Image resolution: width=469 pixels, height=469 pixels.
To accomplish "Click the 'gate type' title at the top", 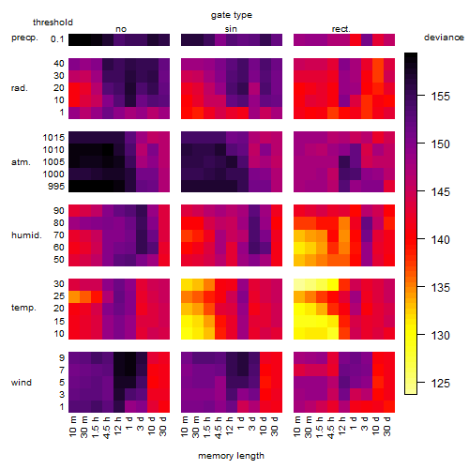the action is coord(232,15).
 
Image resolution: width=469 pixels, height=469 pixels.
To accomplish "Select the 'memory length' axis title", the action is coord(231,456).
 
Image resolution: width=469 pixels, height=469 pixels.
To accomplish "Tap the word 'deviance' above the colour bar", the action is coord(444,38).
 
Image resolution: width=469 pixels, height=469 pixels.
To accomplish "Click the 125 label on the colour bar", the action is coord(440,383).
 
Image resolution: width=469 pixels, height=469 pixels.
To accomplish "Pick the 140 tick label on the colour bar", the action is coord(440,240).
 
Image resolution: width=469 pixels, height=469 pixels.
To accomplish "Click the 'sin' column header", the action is coord(231,29).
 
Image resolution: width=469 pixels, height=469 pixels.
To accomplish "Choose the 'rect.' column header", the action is coord(340,29).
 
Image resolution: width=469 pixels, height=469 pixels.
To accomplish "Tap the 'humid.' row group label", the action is coord(26,234).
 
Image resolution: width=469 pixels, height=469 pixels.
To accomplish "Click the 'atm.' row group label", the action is coord(21,162).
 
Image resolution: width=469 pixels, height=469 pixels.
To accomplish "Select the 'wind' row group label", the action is coord(22,383).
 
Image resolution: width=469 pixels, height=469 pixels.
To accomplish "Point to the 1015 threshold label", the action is coord(53,137).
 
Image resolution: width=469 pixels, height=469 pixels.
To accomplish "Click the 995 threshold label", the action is coord(56,186).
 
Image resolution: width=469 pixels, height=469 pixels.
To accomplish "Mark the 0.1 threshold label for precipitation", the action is coord(57,39).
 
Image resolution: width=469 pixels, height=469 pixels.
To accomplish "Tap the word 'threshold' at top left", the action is coord(53,23).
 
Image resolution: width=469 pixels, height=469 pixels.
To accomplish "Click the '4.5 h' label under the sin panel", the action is coord(218,427).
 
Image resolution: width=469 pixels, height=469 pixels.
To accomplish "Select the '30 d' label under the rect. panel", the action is coord(386,426).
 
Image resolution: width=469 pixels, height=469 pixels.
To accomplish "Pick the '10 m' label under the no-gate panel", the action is coord(72,427).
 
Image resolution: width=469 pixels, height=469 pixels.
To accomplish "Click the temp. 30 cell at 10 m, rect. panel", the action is coord(299,284).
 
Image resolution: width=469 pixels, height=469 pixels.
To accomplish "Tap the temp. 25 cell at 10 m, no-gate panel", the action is coord(74,296).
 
